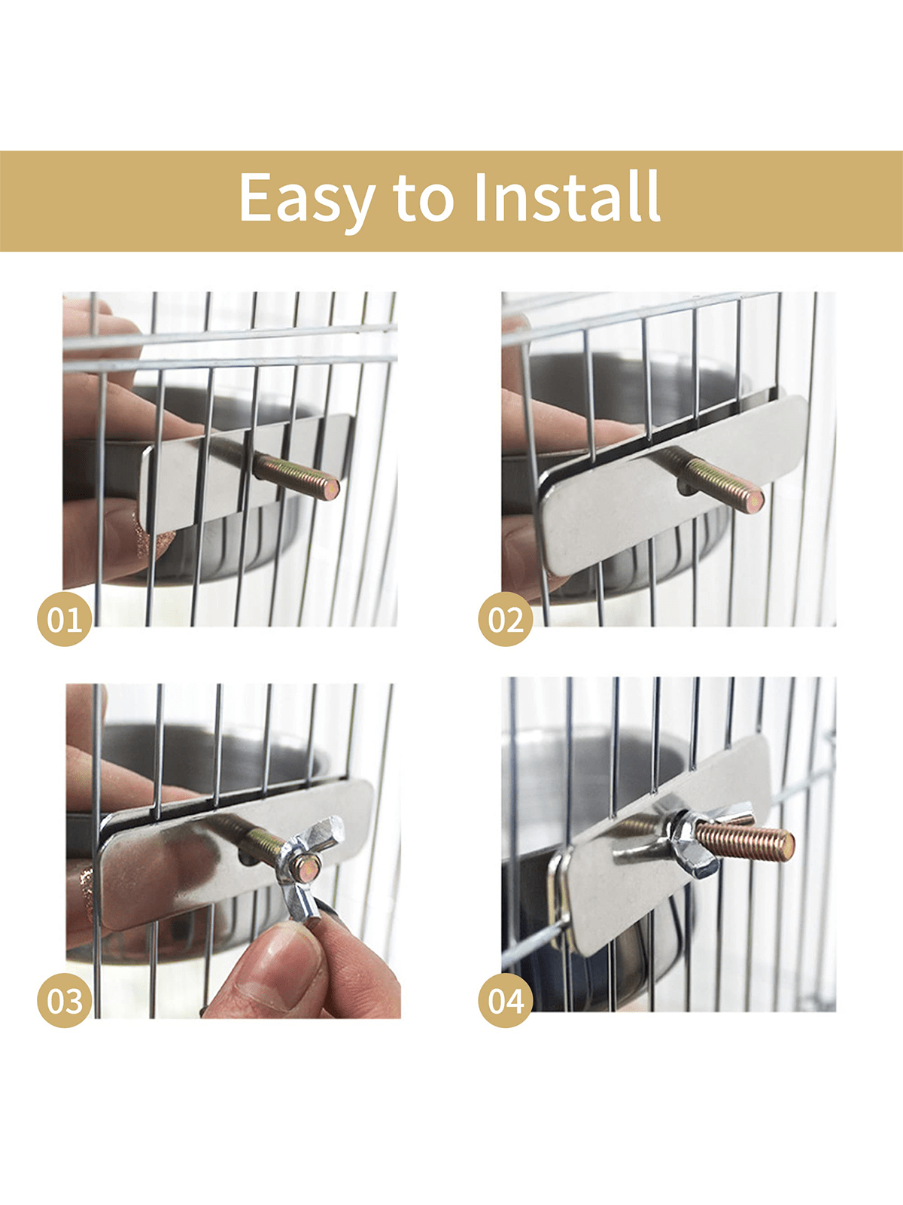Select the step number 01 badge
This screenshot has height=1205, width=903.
[x=64, y=619]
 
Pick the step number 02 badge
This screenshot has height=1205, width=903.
[x=506, y=619]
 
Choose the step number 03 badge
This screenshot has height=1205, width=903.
[x=64, y=1000]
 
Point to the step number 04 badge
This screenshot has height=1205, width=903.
[x=506, y=1000]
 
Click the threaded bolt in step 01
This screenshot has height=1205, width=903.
[x=296, y=476]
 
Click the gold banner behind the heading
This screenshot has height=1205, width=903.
[x=451, y=201]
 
